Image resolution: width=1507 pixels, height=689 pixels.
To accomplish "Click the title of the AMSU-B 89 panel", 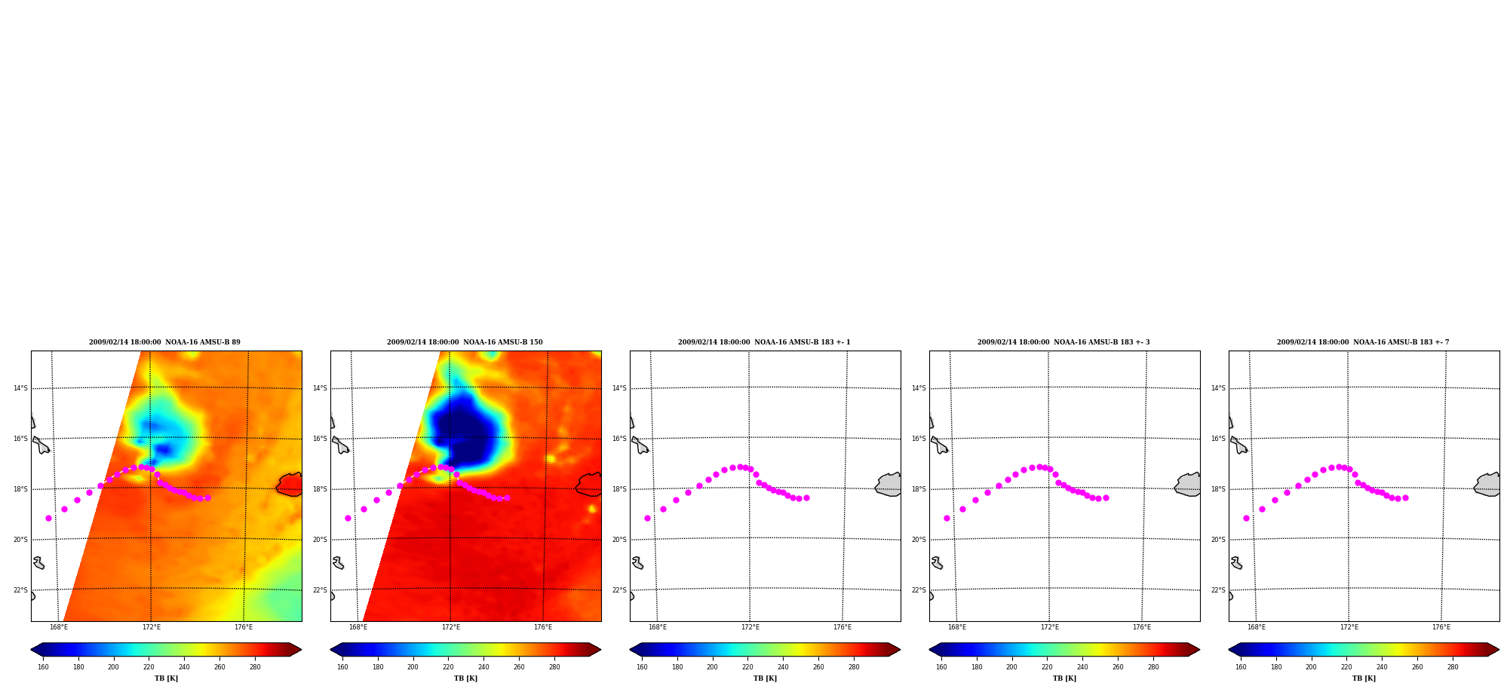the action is point(164,342).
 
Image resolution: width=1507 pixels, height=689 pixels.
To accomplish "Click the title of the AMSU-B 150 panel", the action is point(465,342).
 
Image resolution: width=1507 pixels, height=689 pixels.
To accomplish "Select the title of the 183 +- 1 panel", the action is point(764,342).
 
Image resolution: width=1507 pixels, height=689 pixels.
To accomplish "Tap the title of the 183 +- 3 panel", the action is point(1063,342).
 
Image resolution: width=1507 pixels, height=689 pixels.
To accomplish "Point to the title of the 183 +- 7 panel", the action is point(1363,342).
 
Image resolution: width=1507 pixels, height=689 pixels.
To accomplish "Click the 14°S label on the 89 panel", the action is point(20,388).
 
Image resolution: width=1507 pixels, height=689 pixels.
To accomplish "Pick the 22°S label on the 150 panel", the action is point(320,590).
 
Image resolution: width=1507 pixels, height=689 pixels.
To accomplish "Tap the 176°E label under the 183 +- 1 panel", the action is point(843,627).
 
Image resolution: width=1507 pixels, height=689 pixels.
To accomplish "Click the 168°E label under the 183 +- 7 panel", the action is point(1257,627).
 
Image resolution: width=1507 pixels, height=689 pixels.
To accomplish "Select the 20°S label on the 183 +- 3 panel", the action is point(919,540).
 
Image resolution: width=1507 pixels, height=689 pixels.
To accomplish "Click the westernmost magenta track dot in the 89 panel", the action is point(48,518).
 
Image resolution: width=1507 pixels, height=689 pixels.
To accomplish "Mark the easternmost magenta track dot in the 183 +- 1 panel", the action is point(806,498).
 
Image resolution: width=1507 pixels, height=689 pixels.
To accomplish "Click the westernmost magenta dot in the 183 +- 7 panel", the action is point(1246,518).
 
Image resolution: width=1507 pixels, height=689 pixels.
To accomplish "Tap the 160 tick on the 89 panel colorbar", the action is point(43,666).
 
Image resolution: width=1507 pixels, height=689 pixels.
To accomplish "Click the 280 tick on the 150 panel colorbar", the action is point(554,666).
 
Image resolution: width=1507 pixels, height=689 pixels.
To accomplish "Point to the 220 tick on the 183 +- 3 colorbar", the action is point(1047,666).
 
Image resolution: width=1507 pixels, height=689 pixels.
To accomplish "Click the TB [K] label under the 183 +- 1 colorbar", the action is point(765,678).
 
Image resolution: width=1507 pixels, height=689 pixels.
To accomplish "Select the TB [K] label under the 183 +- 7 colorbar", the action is point(1364,678).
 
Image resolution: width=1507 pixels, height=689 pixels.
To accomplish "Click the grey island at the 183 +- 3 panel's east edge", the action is point(1188,485).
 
